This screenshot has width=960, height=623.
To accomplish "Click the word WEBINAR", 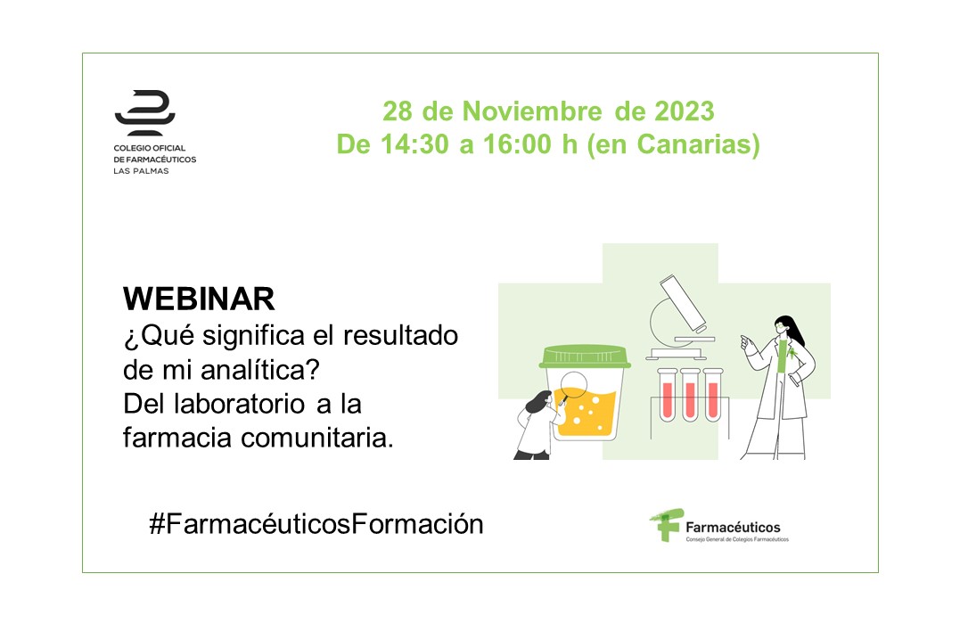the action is (199, 299).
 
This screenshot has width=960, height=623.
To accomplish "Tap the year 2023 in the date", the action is (684, 111).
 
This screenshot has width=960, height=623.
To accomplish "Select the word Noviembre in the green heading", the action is (532, 111).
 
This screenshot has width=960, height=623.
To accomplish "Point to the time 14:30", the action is (414, 144).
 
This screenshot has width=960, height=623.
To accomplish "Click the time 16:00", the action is (517, 144).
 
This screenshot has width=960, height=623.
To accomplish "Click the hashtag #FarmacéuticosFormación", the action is (316, 524).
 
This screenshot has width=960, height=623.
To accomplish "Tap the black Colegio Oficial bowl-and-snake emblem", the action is (145, 113).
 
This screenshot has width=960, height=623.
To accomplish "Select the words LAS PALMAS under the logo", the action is (141, 171).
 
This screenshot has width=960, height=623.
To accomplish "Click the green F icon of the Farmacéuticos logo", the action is (667, 525).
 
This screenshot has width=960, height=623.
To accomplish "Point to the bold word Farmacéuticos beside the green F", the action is (733, 527).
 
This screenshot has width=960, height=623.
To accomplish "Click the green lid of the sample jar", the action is (585, 357).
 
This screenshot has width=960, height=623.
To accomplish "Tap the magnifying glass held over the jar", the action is (572, 387).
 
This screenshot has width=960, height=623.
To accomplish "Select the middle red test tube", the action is (690, 395).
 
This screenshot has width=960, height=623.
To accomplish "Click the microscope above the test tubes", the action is (680, 317).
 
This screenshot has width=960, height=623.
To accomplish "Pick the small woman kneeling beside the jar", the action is (537, 425).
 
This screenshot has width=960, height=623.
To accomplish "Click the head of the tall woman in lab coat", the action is (785, 326).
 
